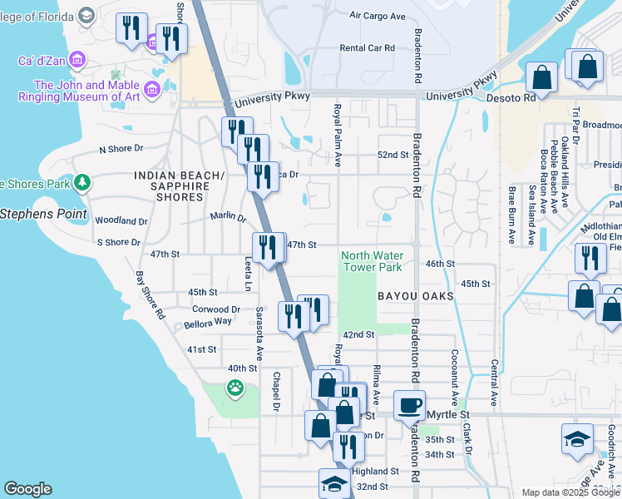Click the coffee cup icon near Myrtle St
408,406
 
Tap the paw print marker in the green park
236,387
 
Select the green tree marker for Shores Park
81,182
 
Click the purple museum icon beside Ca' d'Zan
77,59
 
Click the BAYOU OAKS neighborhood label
415,296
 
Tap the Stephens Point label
43,214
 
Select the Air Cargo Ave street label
377,16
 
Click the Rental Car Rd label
367,48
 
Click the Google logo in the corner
27,489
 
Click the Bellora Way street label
209,321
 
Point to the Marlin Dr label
229,218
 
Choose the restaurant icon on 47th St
268,247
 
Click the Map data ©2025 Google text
570,492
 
